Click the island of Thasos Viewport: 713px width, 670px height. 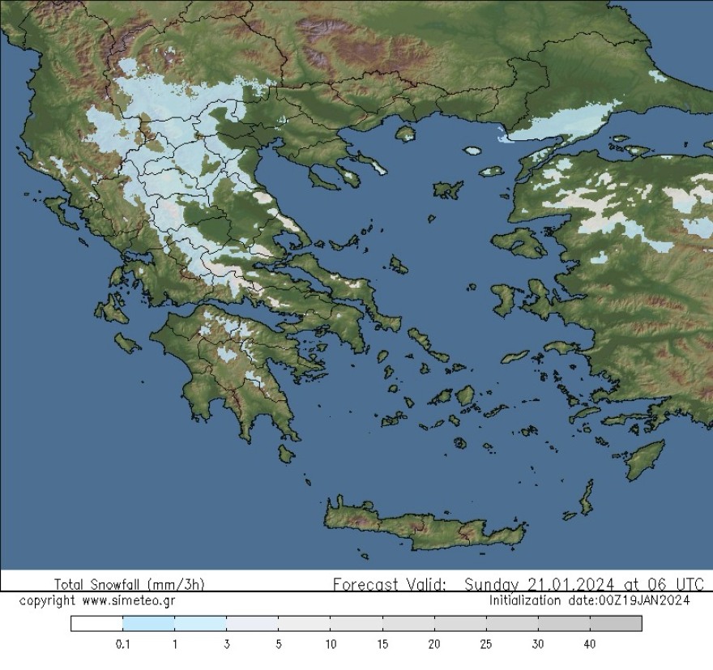click(406, 134)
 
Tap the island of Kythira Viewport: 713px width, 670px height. click(284, 453)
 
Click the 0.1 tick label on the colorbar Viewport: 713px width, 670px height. click(123, 644)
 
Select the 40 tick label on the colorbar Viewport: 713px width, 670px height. click(589, 644)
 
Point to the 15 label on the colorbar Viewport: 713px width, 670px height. click(382, 644)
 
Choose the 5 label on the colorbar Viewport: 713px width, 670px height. click(278, 644)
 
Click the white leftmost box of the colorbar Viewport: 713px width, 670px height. click(96, 623)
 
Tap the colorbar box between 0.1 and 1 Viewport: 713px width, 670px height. click(148, 623)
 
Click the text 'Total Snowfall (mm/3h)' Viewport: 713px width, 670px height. click(130, 583)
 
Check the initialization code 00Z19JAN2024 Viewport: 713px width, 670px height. click(643, 600)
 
